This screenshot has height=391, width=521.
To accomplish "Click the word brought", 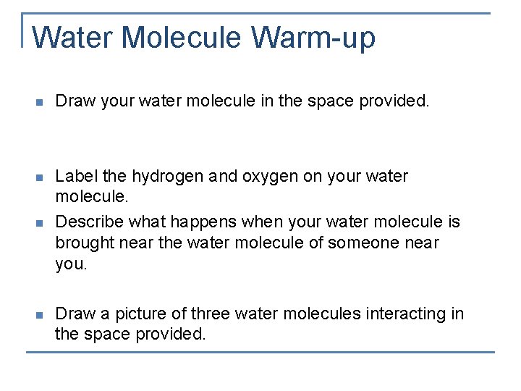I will pyautogui.click(x=85, y=243).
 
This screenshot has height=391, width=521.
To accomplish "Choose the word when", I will pyautogui.click(x=268, y=221).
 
